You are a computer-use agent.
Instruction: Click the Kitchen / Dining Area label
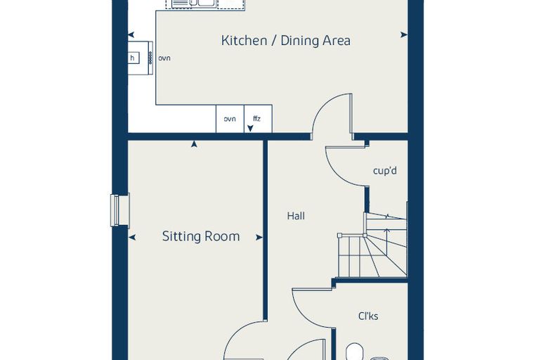(286, 41)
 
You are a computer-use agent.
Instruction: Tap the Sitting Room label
(201, 236)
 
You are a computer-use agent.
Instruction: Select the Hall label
(296, 216)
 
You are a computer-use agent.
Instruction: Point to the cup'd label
(385, 170)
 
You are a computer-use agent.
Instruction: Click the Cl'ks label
(368, 316)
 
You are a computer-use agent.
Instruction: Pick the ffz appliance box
(258, 119)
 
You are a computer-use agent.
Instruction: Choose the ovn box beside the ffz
(230, 119)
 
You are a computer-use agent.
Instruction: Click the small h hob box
(133, 58)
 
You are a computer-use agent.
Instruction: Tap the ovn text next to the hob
(164, 58)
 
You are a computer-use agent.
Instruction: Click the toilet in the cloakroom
(354, 352)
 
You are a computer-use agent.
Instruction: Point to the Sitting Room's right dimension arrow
(259, 238)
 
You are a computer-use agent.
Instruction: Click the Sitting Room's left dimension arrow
(132, 238)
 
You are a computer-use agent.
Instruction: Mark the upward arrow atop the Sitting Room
(194, 144)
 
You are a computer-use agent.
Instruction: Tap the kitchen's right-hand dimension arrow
(404, 34)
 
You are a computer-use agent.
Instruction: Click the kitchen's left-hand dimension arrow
(131, 34)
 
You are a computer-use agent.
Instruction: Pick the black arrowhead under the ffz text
(250, 128)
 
